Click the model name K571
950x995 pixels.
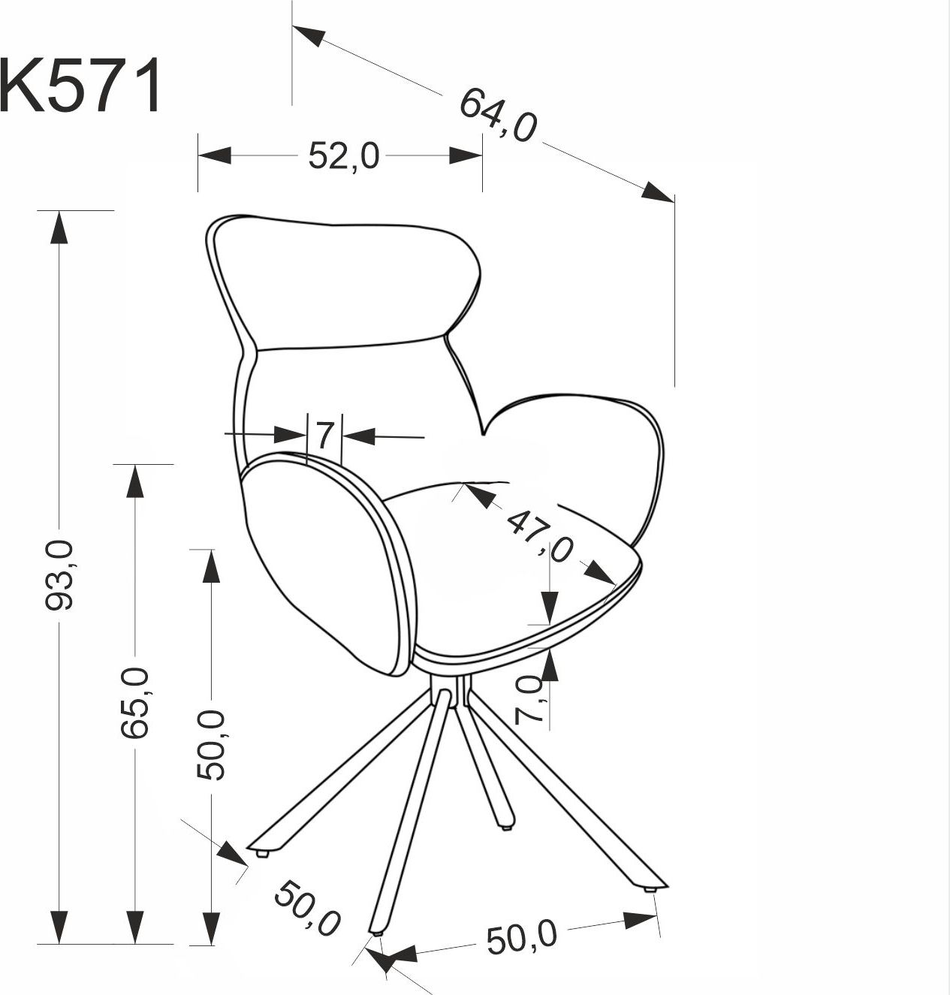(x=80, y=86)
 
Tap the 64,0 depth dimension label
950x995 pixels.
(x=498, y=115)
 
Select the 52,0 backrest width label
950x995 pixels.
(x=344, y=156)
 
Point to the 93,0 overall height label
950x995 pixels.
(x=60, y=575)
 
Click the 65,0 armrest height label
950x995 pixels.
(x=135, y=703)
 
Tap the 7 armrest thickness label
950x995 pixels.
(x=324, y=435)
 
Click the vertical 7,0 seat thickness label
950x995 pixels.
(x=529, y=700)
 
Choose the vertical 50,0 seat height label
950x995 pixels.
(x=211, y=744)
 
